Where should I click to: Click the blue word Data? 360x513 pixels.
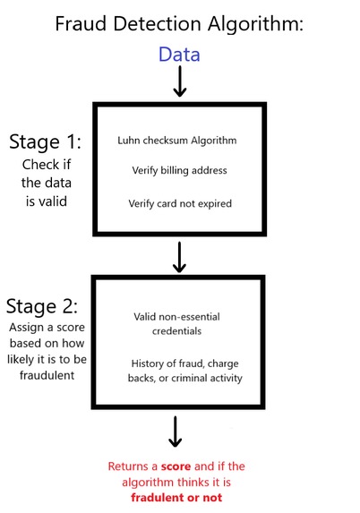pos(179,54)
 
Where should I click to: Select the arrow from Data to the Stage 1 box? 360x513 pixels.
pos(179,83)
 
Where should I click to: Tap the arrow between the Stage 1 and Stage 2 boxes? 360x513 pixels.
pos(179,256)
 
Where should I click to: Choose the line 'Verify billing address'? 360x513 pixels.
pos(180,171)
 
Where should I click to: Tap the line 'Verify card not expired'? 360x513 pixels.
pos(180,203)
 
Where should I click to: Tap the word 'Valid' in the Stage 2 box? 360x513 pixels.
pos(144,317)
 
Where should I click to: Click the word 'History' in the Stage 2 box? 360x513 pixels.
pos(149,362)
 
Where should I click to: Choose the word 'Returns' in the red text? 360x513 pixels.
pos(130,466)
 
